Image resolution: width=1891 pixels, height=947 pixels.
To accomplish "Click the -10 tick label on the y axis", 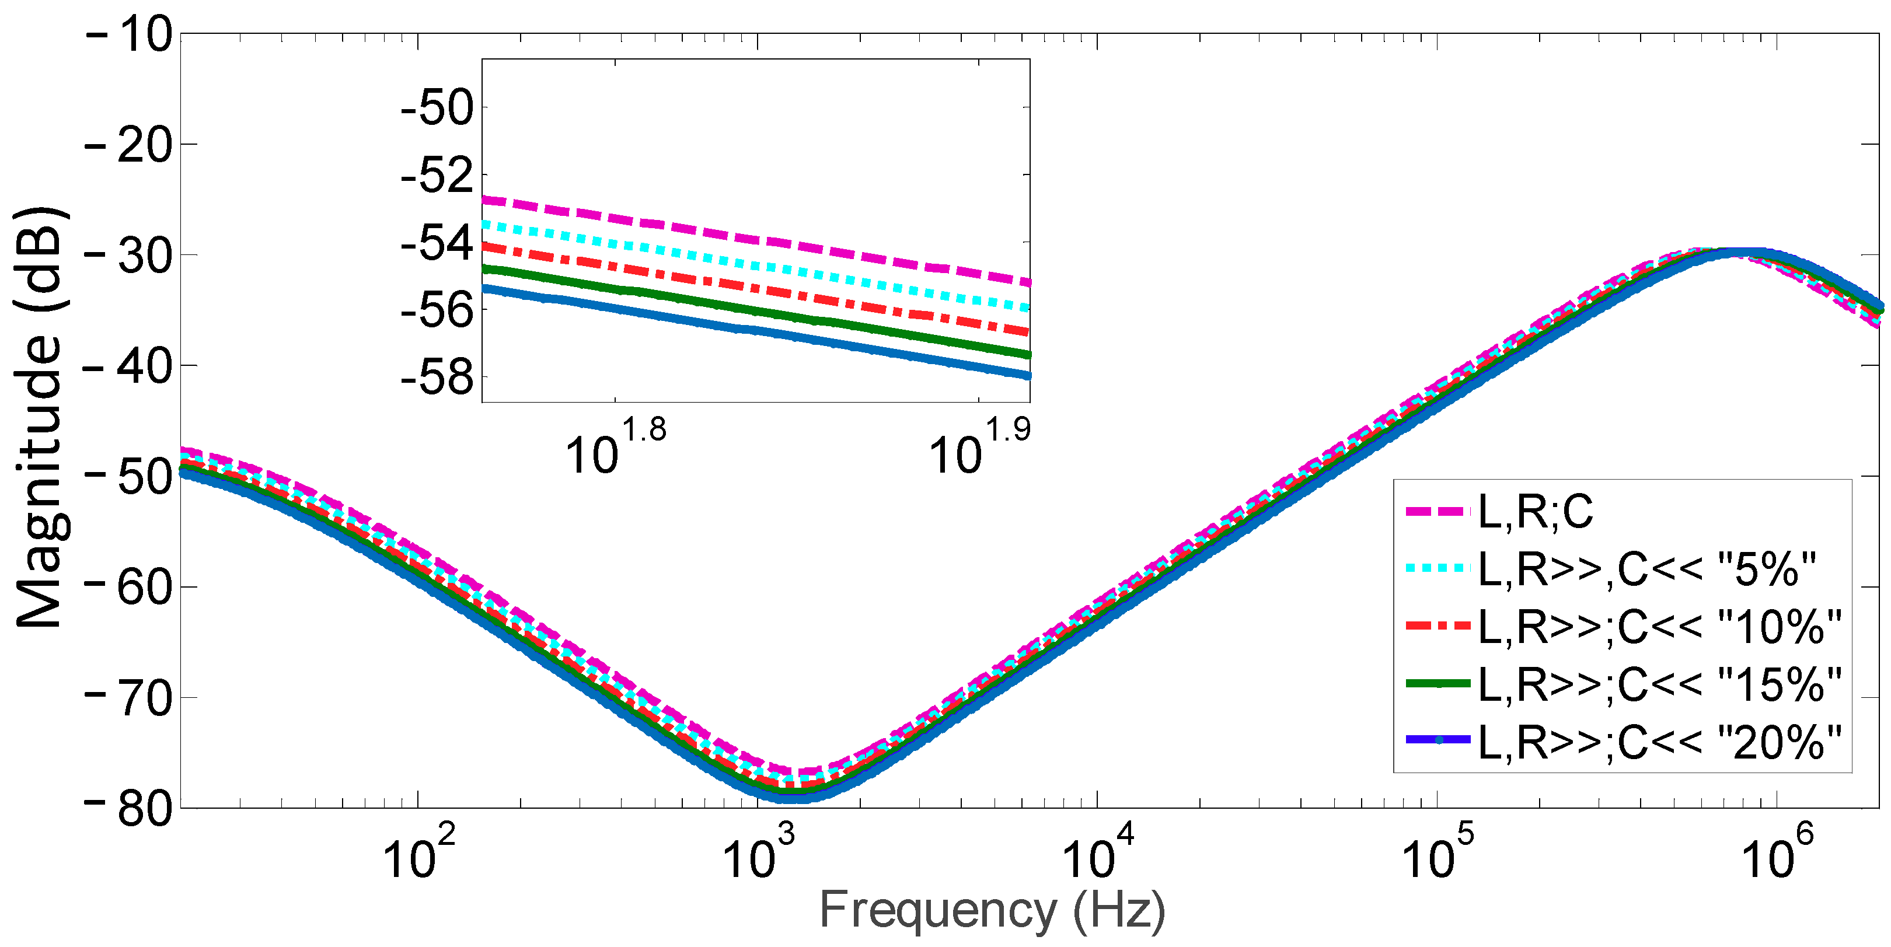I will tap(129, 34).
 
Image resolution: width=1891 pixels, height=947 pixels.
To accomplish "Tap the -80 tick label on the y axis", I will tap(129, 808).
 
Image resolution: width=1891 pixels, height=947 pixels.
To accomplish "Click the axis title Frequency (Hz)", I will tap(992, 910).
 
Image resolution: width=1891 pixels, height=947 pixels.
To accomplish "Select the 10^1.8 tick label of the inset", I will tap(615, 448).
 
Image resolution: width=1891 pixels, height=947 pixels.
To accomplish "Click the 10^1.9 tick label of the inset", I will tap(979, 448).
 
